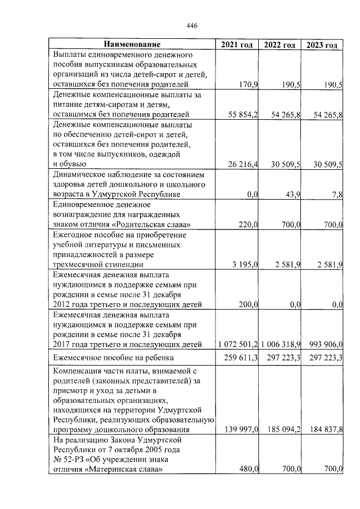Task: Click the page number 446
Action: tap(192, 25)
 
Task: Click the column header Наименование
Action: tap(132, 44)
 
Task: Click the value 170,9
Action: tap(248, 84)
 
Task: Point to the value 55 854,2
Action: tap(240, 115)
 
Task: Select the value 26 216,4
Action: tap(240, 164)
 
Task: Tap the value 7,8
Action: tap(337, 195)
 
